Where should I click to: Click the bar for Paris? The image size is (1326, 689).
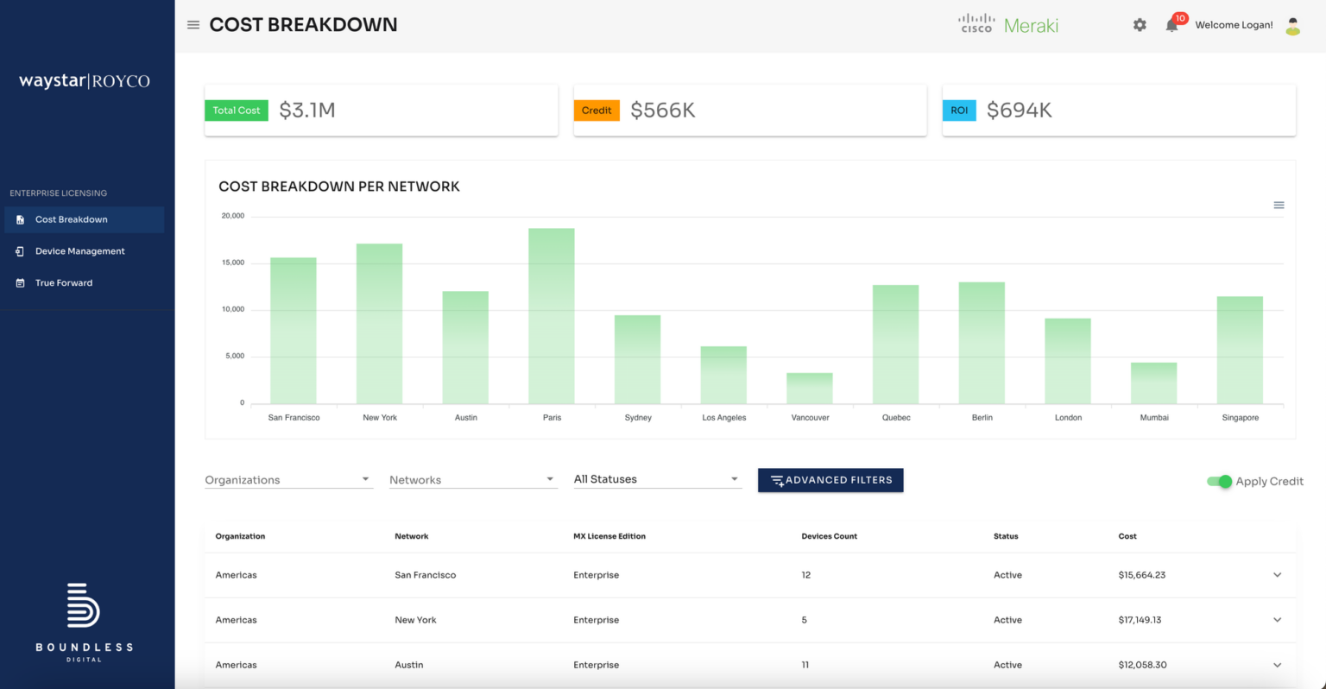[551, 315]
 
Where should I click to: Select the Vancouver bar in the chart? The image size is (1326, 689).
[809, 389]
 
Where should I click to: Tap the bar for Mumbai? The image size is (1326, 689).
[1153, 383]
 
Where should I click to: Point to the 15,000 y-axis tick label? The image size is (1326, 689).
[233, 262]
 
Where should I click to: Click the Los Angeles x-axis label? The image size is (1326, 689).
[723, 418]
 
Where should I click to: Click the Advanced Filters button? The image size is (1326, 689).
[830, 480]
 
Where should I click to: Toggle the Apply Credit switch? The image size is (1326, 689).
[1219, 482]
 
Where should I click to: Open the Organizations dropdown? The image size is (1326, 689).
[287, 480]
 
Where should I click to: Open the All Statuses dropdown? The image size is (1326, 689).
[657, 479]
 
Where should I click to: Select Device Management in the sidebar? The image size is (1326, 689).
[79, 251]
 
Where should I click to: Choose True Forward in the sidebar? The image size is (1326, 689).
[63, 283]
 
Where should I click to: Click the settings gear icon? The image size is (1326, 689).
[1140, 25]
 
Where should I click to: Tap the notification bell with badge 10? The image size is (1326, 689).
[1171, 25]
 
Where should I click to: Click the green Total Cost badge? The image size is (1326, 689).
[237, 111]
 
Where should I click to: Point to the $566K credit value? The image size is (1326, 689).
[662, 111]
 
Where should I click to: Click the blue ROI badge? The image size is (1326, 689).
[958, 111]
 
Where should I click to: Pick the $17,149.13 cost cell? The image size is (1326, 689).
[1140, 620]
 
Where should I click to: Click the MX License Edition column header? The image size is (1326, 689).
[609, 536]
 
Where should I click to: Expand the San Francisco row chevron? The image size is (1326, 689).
[1277, 575]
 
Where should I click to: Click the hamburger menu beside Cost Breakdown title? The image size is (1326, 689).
[193, 25]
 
